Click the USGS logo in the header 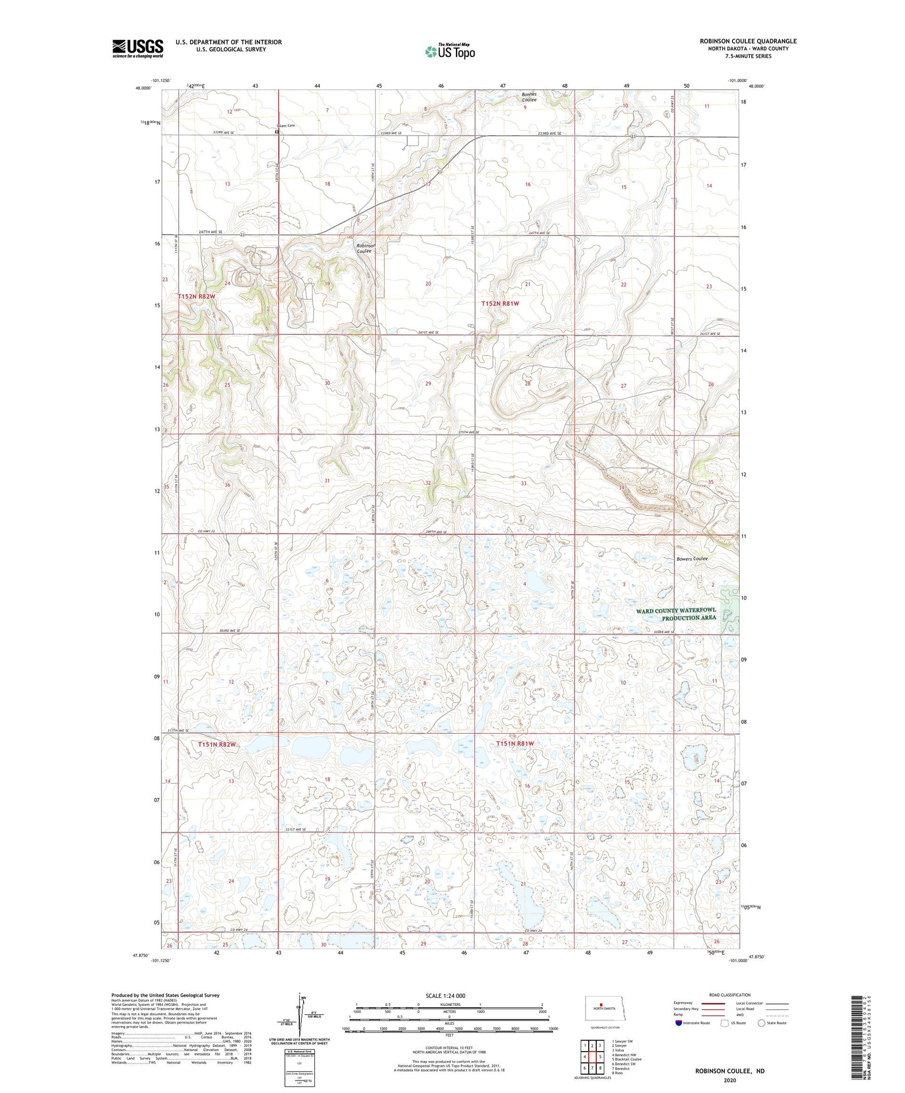pos(138,48)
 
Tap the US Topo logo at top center pos(449,51)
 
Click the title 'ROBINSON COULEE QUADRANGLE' pos(748,41)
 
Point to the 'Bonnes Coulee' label pos(529,97)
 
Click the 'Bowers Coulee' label pos(691,559)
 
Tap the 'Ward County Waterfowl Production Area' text pos(676,614)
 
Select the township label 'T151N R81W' pos(515,744)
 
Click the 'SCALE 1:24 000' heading pos(445,996)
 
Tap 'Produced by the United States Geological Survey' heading pos(165,995)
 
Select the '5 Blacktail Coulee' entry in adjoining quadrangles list pos(626,1059)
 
